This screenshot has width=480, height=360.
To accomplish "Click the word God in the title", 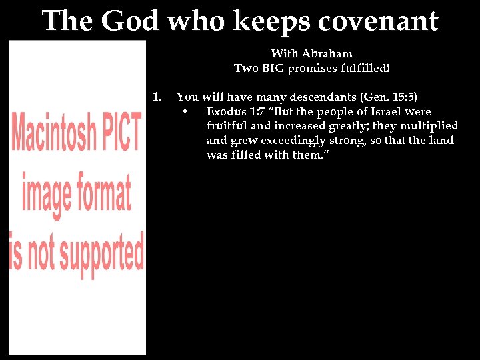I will (x=131, y=21).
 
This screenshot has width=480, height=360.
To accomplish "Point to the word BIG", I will (x=273, y=68).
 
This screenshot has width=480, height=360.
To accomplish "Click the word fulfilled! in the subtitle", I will (x=365, y=68).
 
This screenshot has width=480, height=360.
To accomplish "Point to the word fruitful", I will (x=227, y=126).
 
